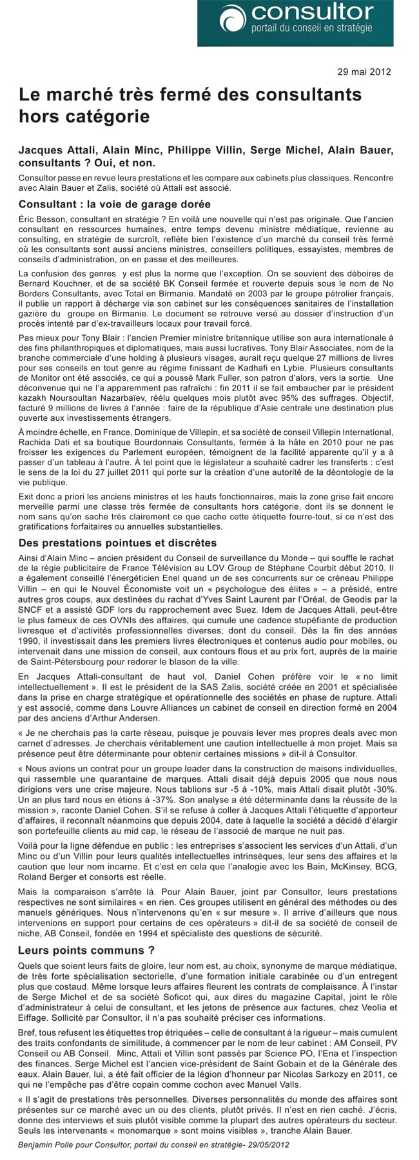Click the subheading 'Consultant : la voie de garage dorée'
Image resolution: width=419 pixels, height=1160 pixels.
[115, 204]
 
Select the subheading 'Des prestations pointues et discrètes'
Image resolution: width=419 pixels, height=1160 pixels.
[117, 543]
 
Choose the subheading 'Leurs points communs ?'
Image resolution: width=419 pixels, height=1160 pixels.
[86, 950]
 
